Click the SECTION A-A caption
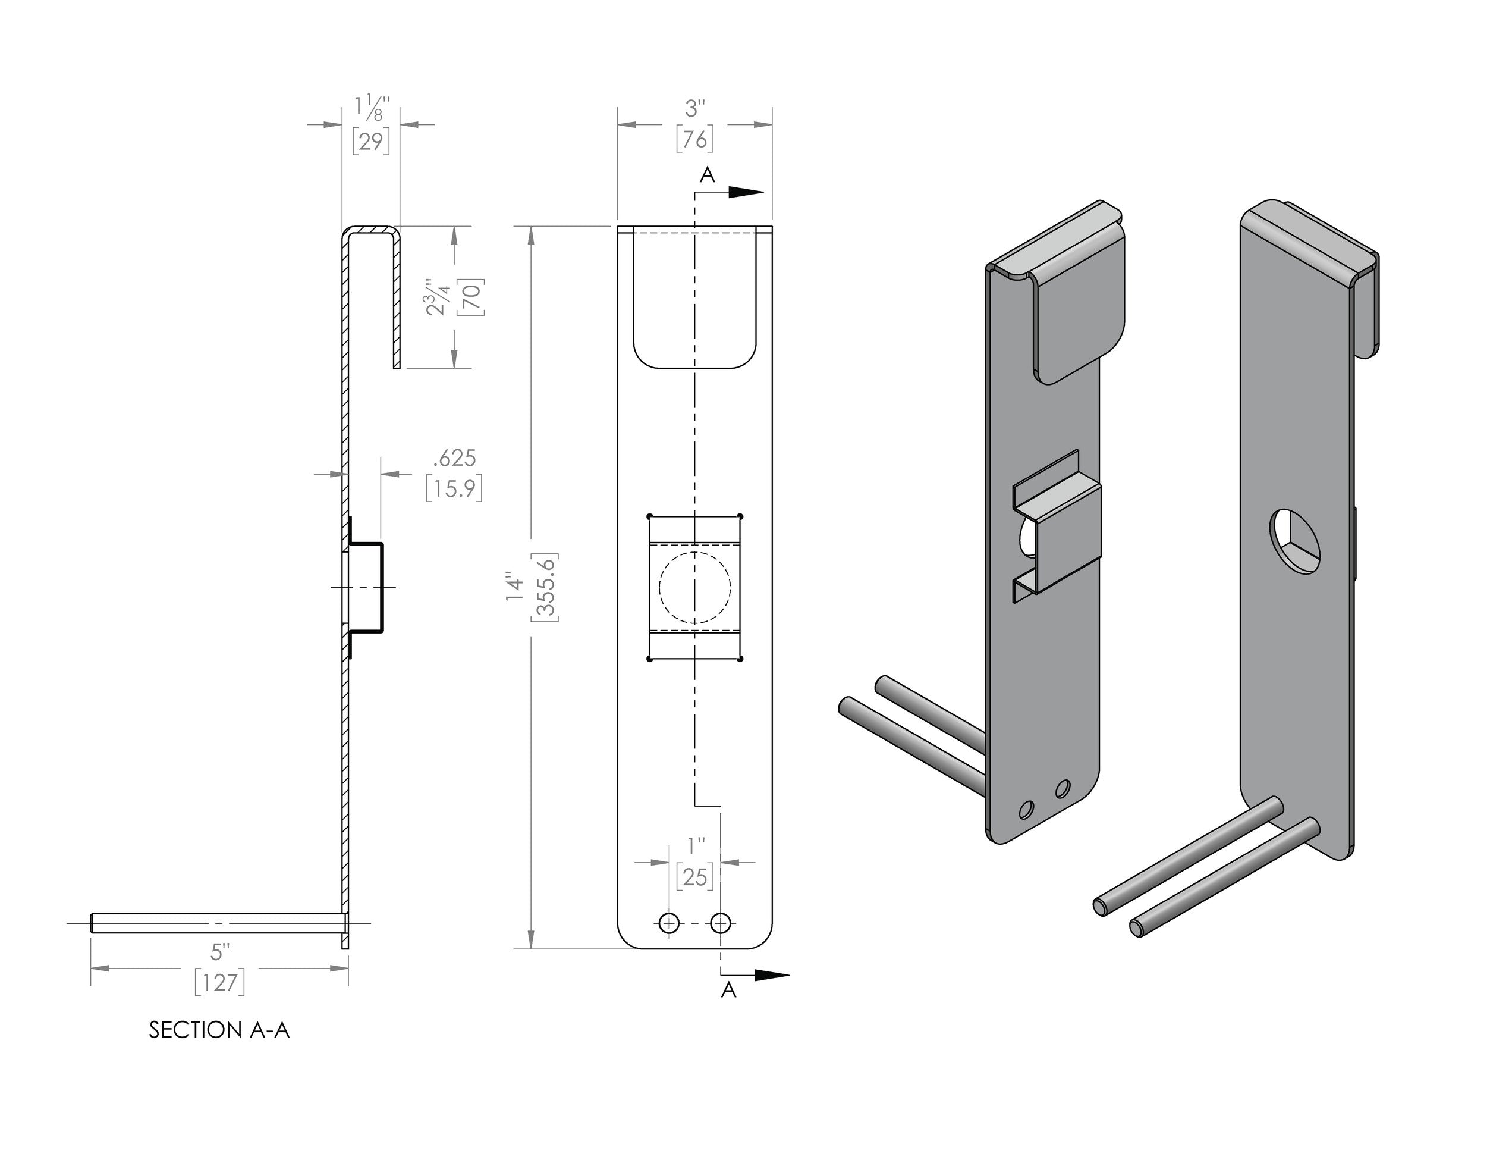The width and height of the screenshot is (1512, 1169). click(x=219, y=1030)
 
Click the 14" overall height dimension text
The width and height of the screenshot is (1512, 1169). click(x=514, y=586)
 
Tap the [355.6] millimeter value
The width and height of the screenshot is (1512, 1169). click(x=545, y=587)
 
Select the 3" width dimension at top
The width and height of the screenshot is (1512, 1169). click(x=694, y=109)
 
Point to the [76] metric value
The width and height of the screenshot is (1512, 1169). click(x=694, y=139)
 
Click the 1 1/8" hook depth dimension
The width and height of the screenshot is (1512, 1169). click(x=372, y=109)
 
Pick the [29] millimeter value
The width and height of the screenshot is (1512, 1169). click(x=371, y=141)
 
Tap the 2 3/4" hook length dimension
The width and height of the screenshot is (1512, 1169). click(x=439, y=297)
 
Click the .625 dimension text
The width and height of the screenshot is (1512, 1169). click(x=454, y=457)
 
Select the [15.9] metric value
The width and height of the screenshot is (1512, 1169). click(x=454, y=489)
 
